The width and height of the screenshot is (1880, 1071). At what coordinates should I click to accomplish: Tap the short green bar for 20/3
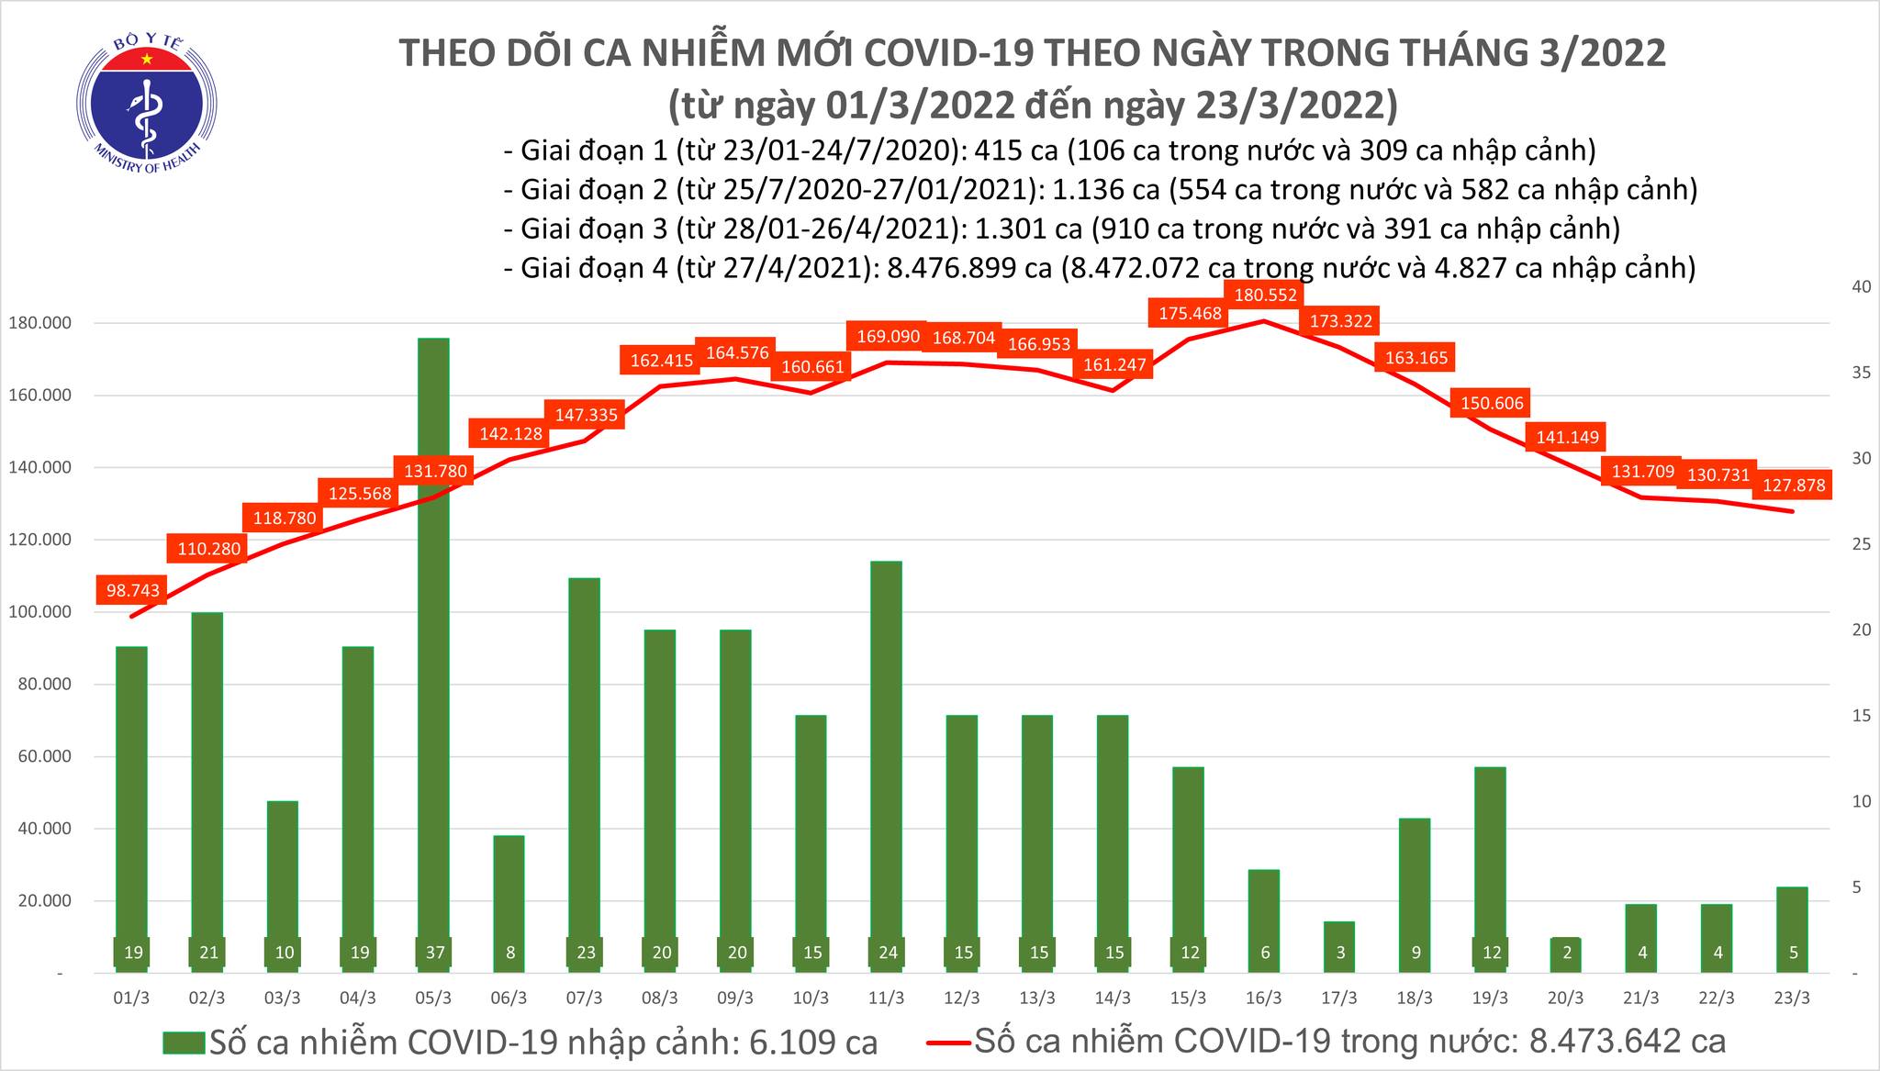click(x=1567, y=954)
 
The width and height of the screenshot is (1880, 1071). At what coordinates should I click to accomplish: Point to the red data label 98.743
click(x=133, y=590)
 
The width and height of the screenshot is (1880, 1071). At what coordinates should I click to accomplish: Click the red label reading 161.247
click(x=1113, y=364)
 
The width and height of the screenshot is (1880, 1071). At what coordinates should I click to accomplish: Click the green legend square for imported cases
click(x=185, y=1043)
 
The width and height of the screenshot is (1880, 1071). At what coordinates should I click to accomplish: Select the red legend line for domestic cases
click(x=947, y=1043)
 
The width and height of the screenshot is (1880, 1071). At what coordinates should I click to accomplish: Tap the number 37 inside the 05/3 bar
click(x=435, y=953)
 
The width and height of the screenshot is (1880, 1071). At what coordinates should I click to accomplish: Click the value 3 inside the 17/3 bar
click(x=1340, y=953)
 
